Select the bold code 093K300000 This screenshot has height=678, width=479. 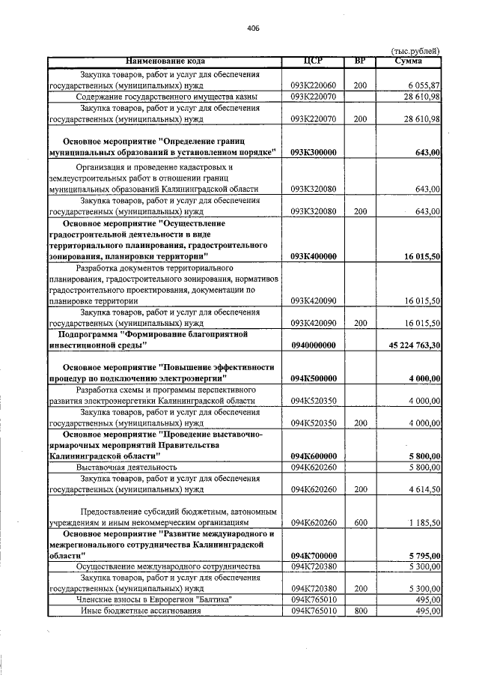314,153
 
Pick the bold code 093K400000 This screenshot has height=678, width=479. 314,256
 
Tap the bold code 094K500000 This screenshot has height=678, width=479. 314,378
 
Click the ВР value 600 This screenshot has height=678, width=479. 360,522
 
